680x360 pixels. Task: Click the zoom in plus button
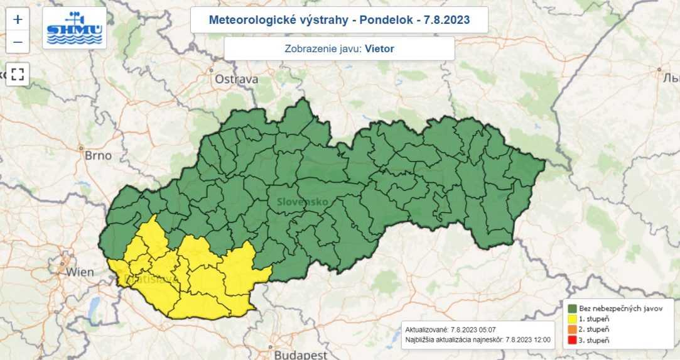point(18,19)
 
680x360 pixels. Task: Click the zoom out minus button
point(18,42)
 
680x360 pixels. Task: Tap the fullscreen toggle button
point(18,74)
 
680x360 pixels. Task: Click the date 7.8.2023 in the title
point(448,20)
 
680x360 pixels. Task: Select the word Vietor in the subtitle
point(379,48)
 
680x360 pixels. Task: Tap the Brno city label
point(98,155)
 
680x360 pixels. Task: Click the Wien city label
point(80,272)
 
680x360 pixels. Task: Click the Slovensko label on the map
point(301,202)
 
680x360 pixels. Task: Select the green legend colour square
point(572,308)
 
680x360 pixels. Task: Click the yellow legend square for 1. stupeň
point(572,319)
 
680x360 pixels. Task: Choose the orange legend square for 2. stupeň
point(572,329)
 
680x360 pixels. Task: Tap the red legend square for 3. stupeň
point(572,340)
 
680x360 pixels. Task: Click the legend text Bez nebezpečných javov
point(619,308)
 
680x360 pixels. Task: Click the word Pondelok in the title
point(386,20)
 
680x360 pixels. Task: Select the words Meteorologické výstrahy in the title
point(279,20)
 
